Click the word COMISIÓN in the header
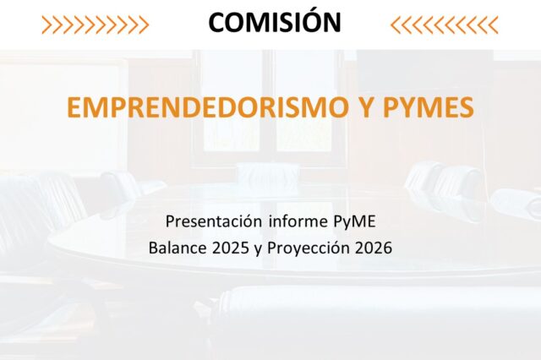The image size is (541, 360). click(x=275, y=23)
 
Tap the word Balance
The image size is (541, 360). click(x=176, y=249)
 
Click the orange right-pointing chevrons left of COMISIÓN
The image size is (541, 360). click(x=95, y=25)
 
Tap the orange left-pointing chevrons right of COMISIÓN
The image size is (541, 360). click(x=445, y=25)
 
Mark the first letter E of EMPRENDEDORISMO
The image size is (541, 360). click(x=73, y=107)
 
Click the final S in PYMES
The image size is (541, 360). click(x=466, y=107)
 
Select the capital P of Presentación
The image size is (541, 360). click(x=170, y=223)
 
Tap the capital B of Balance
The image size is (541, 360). click(x=154, y=249)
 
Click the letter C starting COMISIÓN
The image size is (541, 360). click(x=217, y=23)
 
